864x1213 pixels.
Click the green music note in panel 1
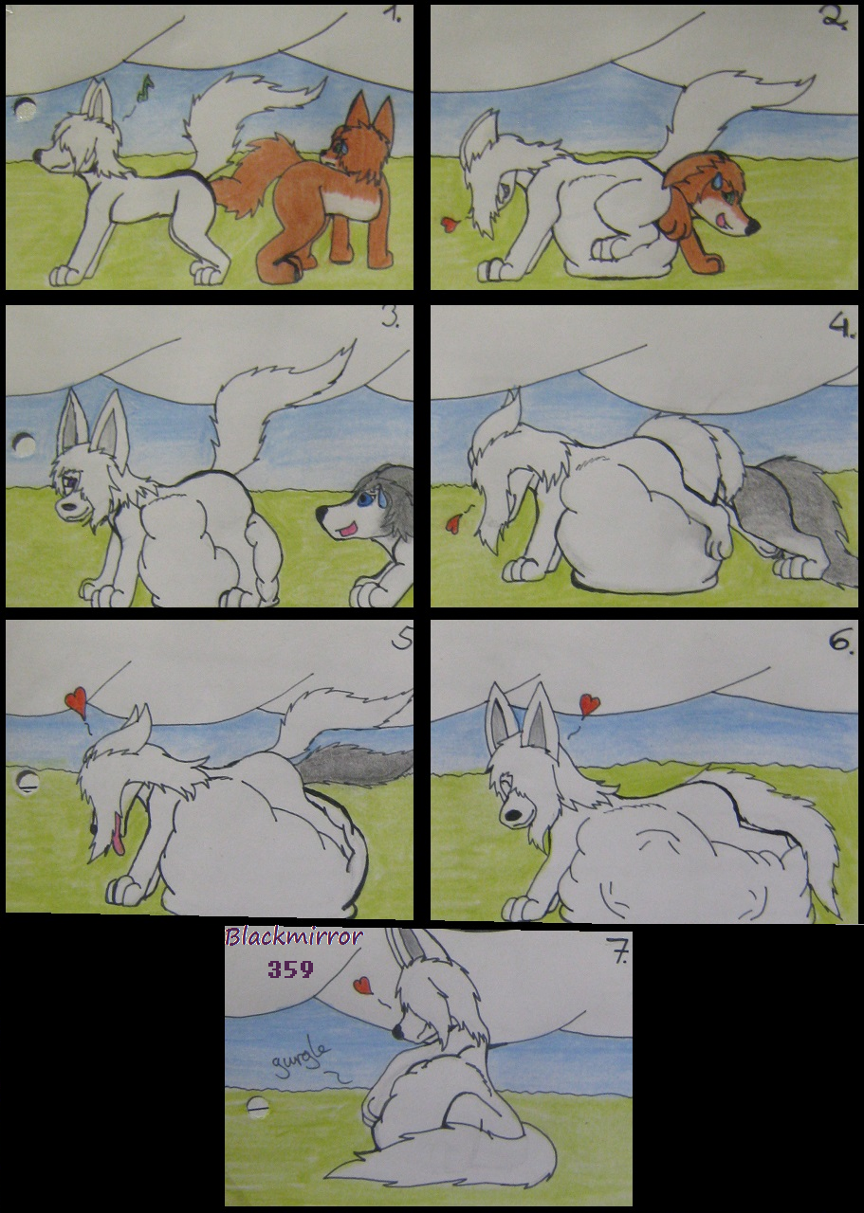point(145,88)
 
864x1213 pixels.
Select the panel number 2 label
point(836,20)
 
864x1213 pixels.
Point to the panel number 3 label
point(390,319)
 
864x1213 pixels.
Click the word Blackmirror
point(293,936)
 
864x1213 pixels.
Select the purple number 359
point(291,969)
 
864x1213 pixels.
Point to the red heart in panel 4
point(452,523)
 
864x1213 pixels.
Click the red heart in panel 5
point(76,697)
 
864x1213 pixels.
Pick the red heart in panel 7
point(362,984)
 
